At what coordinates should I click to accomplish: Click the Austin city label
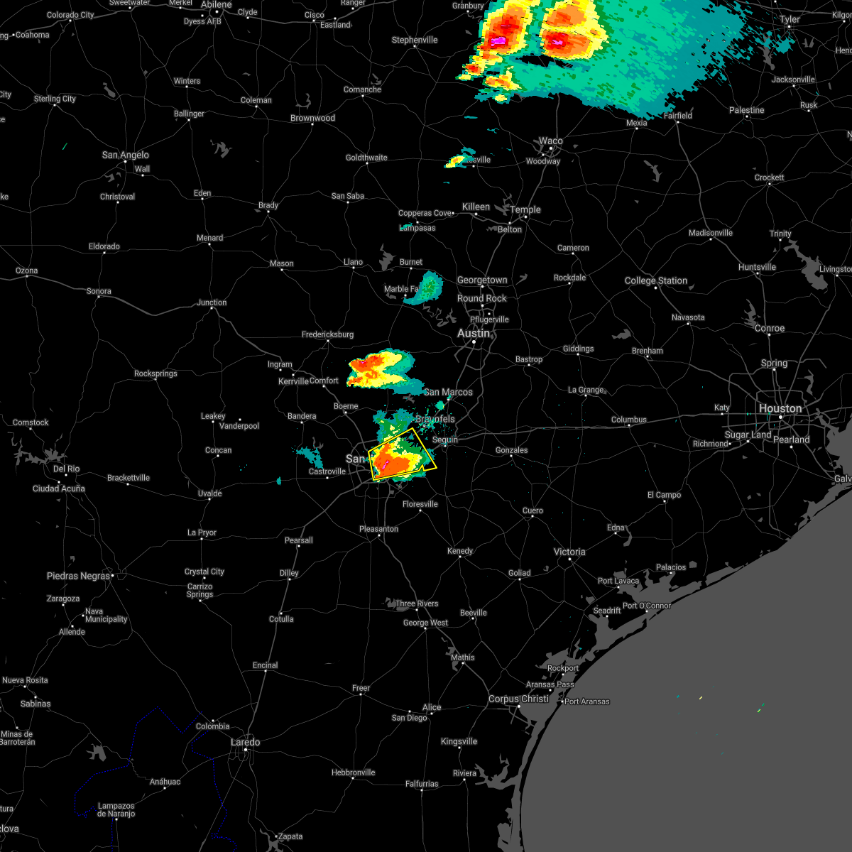[474, 333]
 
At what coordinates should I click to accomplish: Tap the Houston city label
[780, 408]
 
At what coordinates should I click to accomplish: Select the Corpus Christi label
[518, 699]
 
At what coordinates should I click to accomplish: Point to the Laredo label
[246, 742]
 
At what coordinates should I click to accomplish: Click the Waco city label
[550, 141]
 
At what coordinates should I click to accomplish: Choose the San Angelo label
[126, 155]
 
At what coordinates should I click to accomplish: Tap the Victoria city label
[569, 552]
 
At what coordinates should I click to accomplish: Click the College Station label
[656, 280]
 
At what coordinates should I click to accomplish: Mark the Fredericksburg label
[327, 334]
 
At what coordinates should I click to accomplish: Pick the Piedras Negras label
[79, 576]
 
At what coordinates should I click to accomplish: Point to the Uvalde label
[209, 493]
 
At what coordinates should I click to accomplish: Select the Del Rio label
[66, 469]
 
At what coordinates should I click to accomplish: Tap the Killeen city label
[476, 207]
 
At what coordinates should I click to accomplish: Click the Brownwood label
[312, 118]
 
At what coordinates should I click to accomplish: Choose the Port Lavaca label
[618, 581]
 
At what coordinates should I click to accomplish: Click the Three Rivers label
[417, 603]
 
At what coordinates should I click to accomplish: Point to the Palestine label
[746, 110]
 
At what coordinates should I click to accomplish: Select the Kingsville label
[459, 741]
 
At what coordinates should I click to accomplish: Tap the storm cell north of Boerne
[380, 369]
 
